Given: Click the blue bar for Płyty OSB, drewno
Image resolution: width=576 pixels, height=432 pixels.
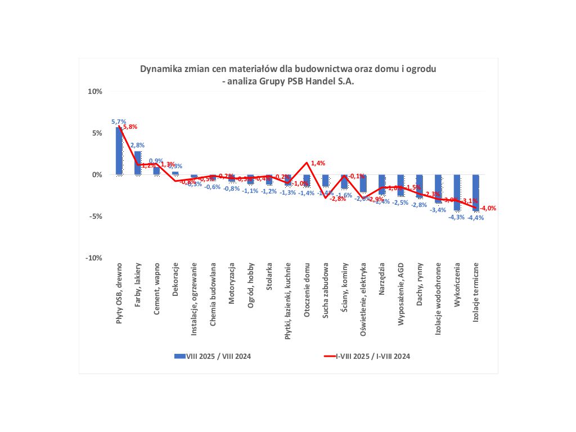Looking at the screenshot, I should [119, 151].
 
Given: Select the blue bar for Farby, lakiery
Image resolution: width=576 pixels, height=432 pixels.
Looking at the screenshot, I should [138, 163].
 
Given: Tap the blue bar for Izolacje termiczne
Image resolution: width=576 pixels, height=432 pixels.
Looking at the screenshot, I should [476, 193].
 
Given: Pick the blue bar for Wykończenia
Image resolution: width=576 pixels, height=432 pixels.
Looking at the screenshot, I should [457, 192].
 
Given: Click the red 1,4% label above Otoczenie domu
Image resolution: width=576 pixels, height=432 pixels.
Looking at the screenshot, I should [318, 163].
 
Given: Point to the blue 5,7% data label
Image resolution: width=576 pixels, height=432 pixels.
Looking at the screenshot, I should [119, 121].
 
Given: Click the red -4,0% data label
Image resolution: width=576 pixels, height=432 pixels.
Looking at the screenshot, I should [488, 208].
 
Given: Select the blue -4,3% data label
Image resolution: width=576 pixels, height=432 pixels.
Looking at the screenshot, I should [456, 217].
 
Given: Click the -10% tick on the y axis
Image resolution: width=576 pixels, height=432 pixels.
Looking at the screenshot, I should [94, 258].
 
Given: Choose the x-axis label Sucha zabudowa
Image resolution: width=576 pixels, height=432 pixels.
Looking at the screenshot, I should [326, 283].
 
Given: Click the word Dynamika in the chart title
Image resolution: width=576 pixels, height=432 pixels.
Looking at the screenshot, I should [159, 69].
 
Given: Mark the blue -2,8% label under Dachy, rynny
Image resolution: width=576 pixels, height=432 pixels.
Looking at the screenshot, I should [419, 205].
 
